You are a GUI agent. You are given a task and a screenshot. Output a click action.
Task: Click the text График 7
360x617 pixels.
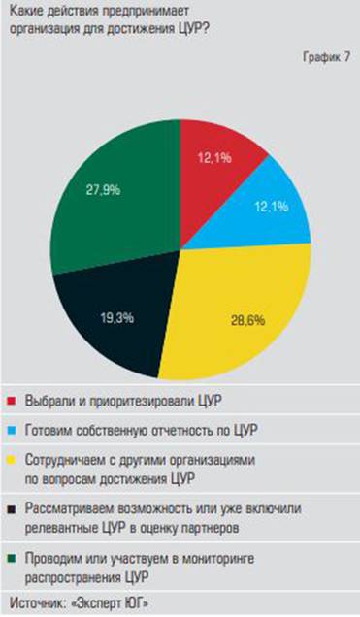325,60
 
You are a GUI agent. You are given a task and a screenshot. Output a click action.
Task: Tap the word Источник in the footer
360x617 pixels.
37,601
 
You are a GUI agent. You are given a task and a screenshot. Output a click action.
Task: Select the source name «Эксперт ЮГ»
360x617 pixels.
113,601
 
